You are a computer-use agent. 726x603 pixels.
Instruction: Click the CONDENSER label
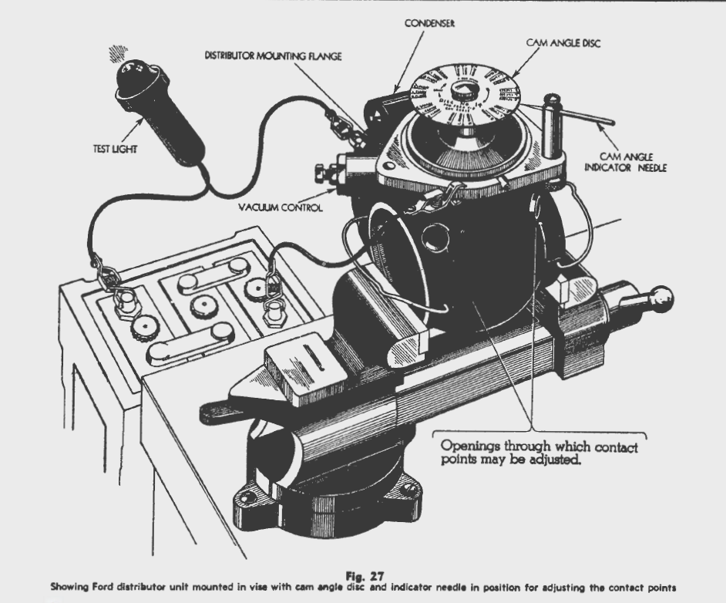(429, 24)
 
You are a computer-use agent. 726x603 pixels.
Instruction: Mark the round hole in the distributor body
(436, 235)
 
